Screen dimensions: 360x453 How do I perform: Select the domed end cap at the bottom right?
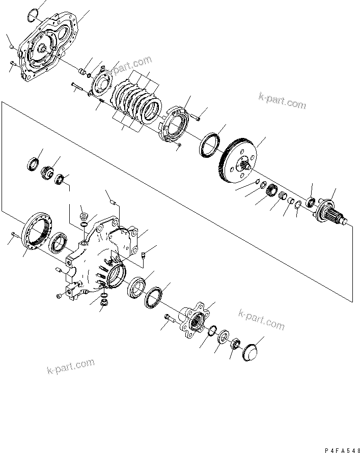[250, 352]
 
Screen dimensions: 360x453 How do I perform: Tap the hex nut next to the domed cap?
[235, 344]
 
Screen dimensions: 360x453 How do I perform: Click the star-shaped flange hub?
[194, 319]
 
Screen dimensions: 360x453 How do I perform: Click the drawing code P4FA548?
[342, 450]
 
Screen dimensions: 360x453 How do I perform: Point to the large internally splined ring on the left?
[37, 230]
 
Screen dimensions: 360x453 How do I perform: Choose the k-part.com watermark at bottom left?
[70, 366]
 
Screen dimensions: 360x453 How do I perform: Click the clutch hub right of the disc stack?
[175, 124]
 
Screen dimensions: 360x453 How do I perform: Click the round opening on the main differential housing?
[117, 276]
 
